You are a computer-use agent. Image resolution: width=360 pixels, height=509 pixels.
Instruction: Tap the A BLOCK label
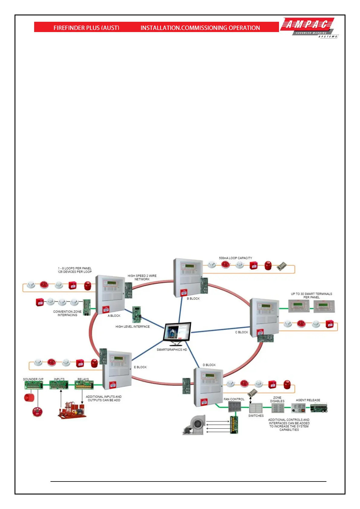114,316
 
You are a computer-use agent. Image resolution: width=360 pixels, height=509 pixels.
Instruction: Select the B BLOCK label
193,299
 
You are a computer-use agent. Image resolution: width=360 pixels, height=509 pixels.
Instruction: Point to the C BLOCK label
242,332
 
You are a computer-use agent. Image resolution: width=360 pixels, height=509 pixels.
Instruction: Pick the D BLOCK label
209,365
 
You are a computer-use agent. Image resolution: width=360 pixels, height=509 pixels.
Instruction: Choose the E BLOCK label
140,367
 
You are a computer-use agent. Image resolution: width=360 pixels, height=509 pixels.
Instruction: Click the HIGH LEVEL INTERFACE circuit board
137,314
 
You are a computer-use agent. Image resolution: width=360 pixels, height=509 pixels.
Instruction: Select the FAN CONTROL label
234,399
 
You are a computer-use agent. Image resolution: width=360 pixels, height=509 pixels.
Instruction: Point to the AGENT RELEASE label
308,400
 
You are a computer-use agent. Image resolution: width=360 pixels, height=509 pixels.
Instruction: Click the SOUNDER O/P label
33,379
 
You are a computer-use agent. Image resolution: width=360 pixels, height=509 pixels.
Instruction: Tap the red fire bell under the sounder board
37,411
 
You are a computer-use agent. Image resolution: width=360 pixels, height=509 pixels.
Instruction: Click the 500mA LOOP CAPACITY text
235,258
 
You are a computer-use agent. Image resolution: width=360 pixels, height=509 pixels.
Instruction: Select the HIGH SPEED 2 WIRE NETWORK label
142,277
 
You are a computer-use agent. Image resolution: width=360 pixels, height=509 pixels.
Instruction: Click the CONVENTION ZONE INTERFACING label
67,313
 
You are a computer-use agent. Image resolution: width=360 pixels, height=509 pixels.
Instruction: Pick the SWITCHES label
256,416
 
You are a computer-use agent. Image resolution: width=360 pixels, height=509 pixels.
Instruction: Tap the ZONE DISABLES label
277,399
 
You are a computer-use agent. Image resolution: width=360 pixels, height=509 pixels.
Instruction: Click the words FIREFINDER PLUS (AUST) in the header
86,28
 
